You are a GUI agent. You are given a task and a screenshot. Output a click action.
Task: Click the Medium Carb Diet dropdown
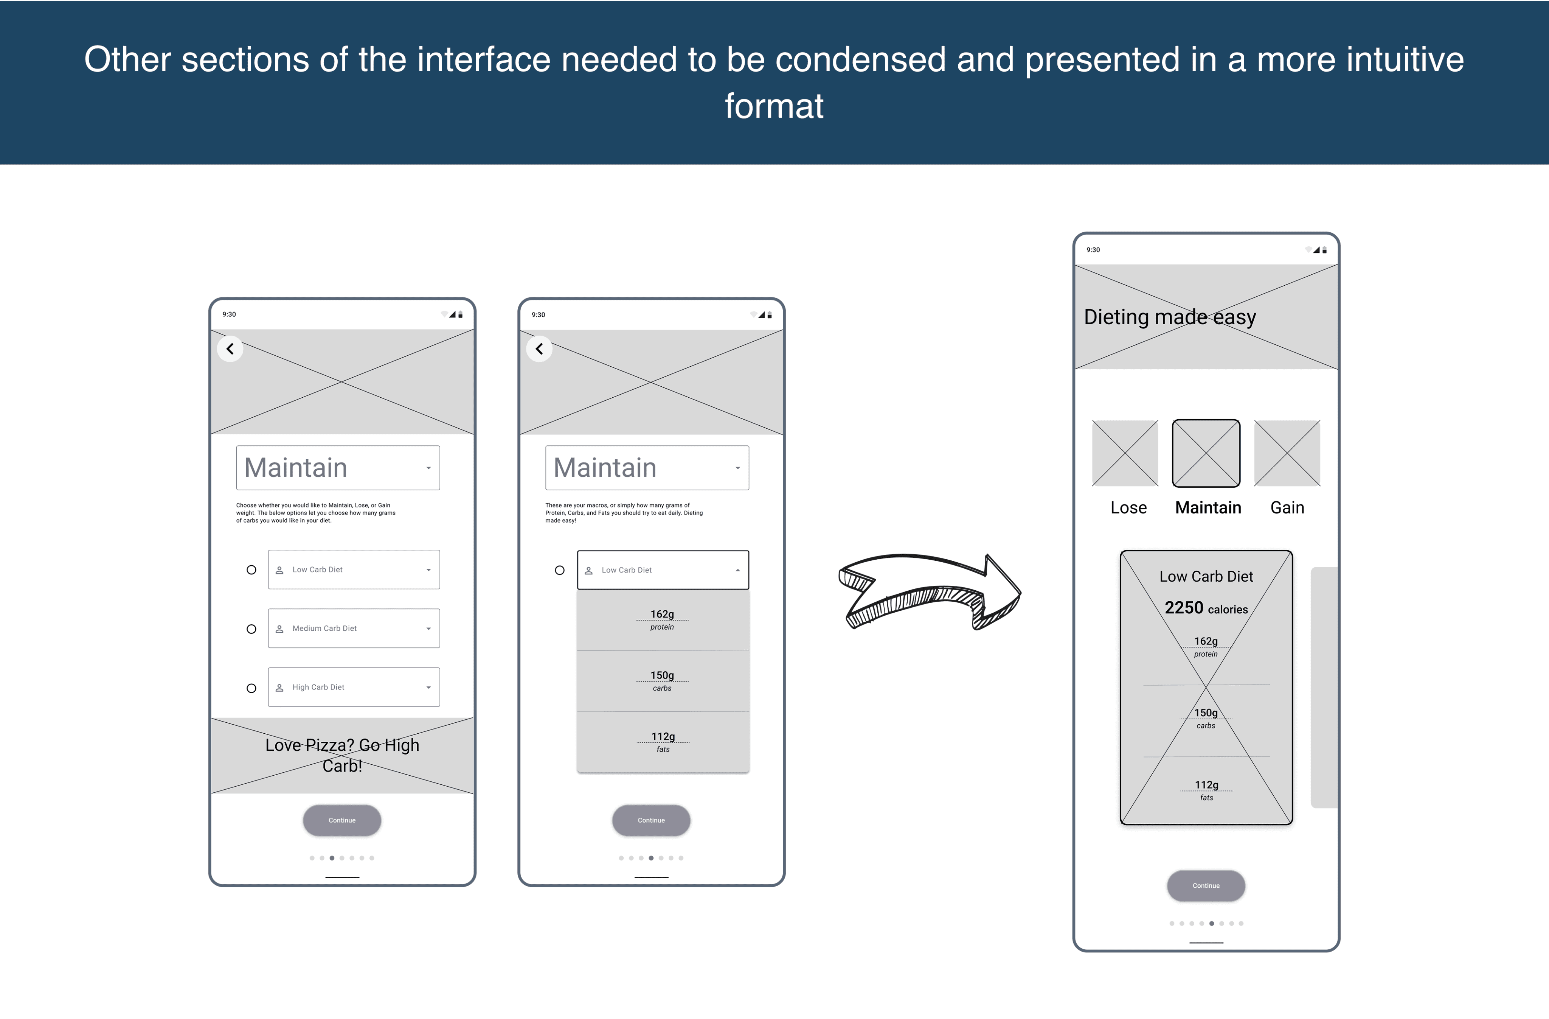pyautogui.click(x=354, y=629)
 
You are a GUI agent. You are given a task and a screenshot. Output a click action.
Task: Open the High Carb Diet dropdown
pyautogui.click(x=354, y=687)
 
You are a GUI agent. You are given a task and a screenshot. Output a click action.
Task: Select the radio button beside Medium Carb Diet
pyautogui.click(x=251, y=629)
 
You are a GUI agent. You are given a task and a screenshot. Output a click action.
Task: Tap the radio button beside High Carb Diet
pyautogui.click(x=251, y=688)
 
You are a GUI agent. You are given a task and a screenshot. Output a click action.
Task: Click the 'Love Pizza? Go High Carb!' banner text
pyautogui.click(x=342, y=755)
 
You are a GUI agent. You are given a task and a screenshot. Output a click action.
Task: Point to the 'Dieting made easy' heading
pyautogui.click(x=1170, y=317)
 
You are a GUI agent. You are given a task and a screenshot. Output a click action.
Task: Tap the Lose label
pyautogui.click(x=1128, y=508)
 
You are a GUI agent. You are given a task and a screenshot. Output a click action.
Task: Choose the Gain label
pyautogui.click(x=1287, y=508)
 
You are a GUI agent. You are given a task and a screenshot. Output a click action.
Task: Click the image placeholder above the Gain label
pyautogui.click(x=1287, y=453)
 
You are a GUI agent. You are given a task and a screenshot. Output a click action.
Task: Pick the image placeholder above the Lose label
pyautogui.click(x=1125, y=453)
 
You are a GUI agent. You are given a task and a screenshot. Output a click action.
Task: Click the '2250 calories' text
pyautogui.click(x=1206, y=608)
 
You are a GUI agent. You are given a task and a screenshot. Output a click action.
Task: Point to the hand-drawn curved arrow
pyautogui.click(x=930, y=591)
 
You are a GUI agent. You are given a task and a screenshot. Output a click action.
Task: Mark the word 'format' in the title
pyautogui.click(x=774, y=106)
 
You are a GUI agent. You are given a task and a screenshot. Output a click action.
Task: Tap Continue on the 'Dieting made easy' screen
pyautogui.click(x=1206, y=885)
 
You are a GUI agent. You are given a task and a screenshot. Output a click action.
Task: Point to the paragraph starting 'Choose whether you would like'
pyautogui.click(x=316, y=513)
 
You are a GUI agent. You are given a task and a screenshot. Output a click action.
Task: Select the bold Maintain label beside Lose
pyautogui.click(x=1208, y=508)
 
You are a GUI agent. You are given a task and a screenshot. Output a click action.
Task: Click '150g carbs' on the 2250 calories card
pyautogui.click(x=1206, y=718)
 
